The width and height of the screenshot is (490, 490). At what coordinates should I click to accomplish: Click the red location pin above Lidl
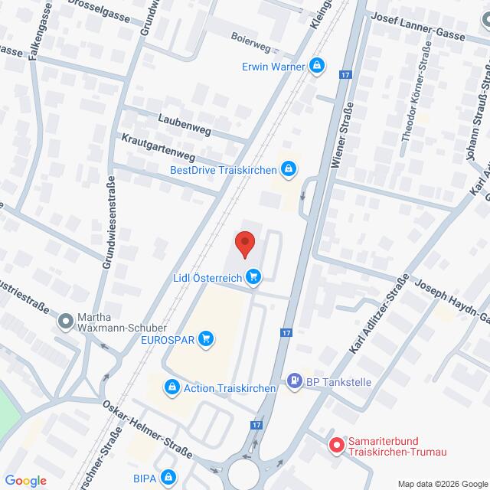244,243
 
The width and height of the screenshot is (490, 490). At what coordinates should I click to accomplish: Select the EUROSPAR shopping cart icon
204,338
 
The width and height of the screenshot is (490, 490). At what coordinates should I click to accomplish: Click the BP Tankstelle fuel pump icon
294,379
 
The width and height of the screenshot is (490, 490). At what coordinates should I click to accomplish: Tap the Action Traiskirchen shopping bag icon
173,388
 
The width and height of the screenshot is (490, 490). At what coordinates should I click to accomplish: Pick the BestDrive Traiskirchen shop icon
288,168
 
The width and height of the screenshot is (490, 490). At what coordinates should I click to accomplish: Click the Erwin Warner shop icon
315,66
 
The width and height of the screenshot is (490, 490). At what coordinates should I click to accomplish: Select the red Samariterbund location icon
335,444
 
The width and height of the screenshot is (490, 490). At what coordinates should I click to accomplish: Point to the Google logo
25,480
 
